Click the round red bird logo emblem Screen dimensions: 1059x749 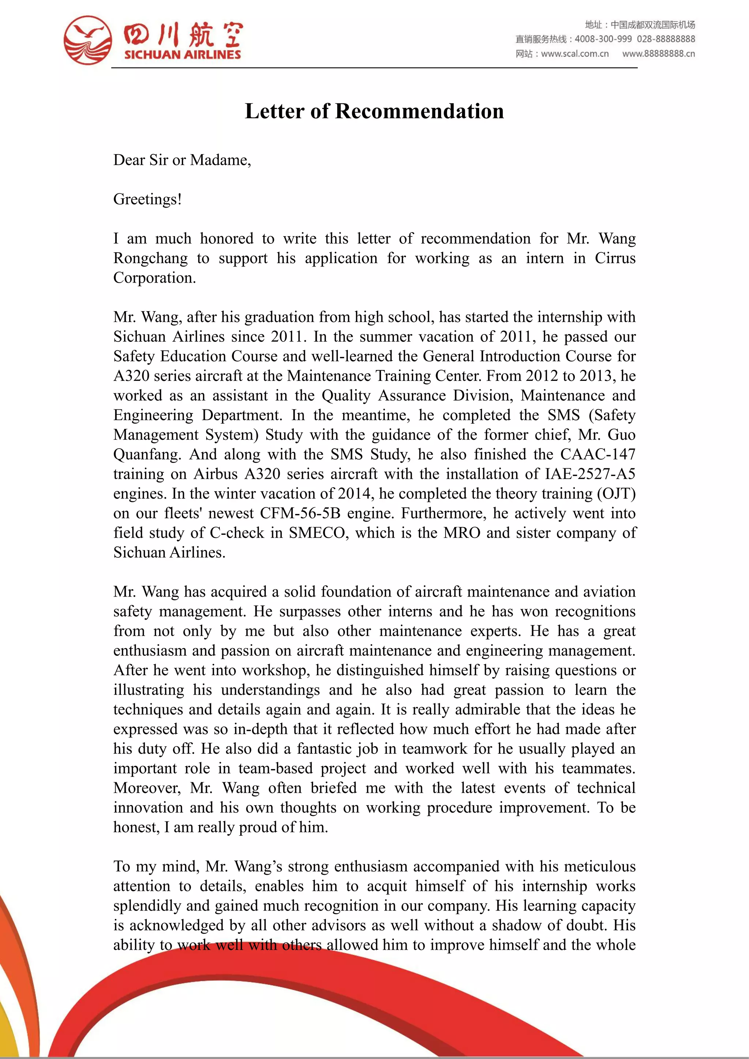pos(88,40)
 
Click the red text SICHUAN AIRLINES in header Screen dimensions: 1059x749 pos(182,54)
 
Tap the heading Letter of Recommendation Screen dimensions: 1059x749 pos(374,111)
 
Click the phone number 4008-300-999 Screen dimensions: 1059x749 pos(603,39)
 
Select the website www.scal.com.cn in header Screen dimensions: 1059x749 pos(575,53)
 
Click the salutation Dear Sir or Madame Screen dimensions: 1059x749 pos(182,160)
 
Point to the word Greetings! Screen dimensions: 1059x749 pos(147,199)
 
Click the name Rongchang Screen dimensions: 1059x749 pos(150,258)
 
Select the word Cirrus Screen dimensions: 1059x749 pos(615,258)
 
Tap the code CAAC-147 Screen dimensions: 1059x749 pos(598,454)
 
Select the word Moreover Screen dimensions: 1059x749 pos(147,788)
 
